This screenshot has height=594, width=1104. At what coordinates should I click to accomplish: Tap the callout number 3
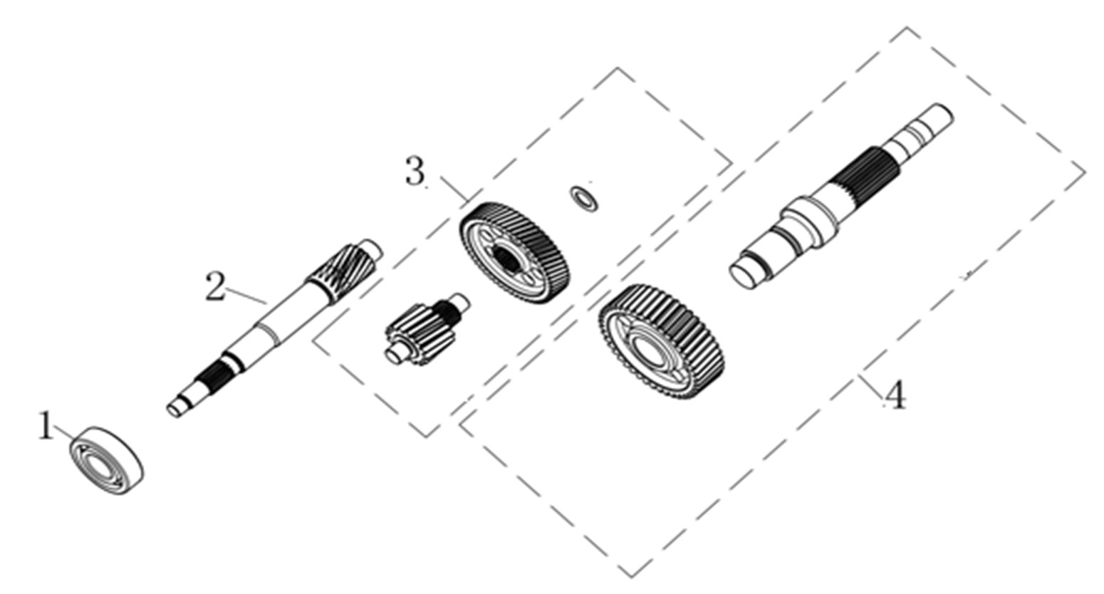tap(415, 171)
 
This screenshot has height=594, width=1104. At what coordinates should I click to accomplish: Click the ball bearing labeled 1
tap(106, 460)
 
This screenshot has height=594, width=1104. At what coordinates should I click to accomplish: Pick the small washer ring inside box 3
tap(584, 199)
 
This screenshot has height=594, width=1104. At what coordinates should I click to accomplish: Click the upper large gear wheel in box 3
tap(514, 253)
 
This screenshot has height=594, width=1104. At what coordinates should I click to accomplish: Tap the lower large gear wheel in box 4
tap(662, 341)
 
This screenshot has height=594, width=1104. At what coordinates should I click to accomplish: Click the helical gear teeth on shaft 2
tap(342, 271)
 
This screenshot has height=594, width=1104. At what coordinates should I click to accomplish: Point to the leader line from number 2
tap(246, 296)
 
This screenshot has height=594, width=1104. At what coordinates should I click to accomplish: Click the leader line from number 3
tap(454, 188)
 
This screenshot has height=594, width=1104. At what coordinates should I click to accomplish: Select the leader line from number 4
tap(871, 387)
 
